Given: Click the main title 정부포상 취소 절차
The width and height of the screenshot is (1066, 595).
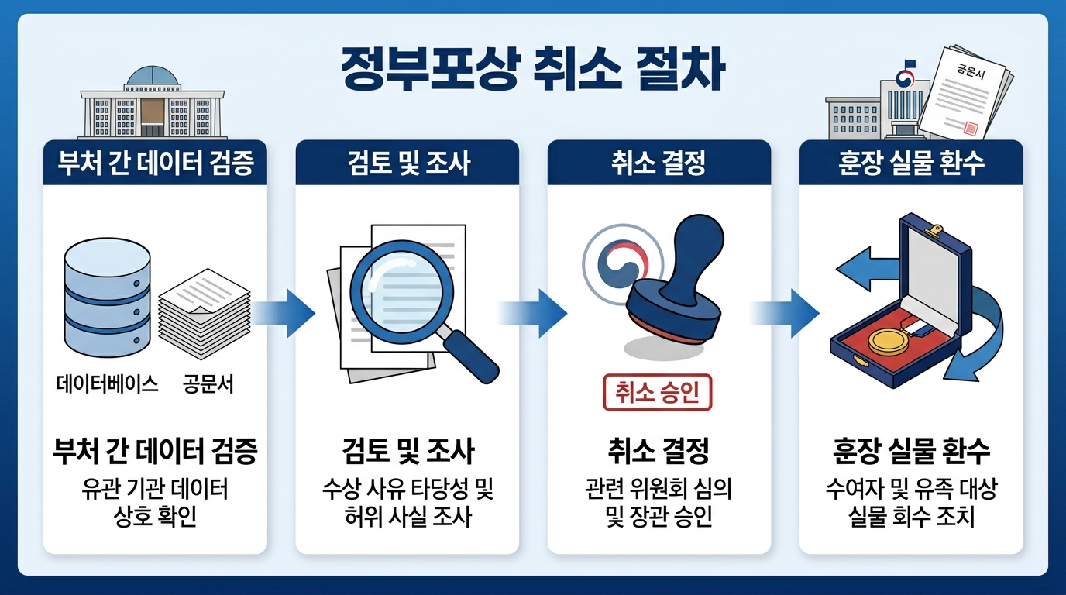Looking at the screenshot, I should tap(533, 71).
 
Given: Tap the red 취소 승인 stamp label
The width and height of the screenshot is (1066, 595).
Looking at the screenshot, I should tap(657, 392).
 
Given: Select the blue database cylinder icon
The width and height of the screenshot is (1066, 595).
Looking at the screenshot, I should tap(106, 294).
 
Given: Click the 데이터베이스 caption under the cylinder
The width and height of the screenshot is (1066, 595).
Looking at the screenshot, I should tap(108, 383).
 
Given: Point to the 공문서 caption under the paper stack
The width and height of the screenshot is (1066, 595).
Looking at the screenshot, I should tap(208, 383).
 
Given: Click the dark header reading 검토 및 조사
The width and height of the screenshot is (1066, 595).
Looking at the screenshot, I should tap(407, 163).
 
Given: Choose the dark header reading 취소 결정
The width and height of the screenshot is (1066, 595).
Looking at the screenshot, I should tap(659, 163).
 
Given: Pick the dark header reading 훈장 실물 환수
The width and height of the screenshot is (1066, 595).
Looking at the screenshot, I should tap(911, 163).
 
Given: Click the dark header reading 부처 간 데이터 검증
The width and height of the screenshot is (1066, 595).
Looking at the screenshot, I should tap(155, 163).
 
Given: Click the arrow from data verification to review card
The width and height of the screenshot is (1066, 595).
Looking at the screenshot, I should tap(284, 313).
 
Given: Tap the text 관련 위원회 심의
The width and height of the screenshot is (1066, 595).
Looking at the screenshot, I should tap(659, 490).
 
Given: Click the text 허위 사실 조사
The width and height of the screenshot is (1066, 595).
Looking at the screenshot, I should tap(407, 516).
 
